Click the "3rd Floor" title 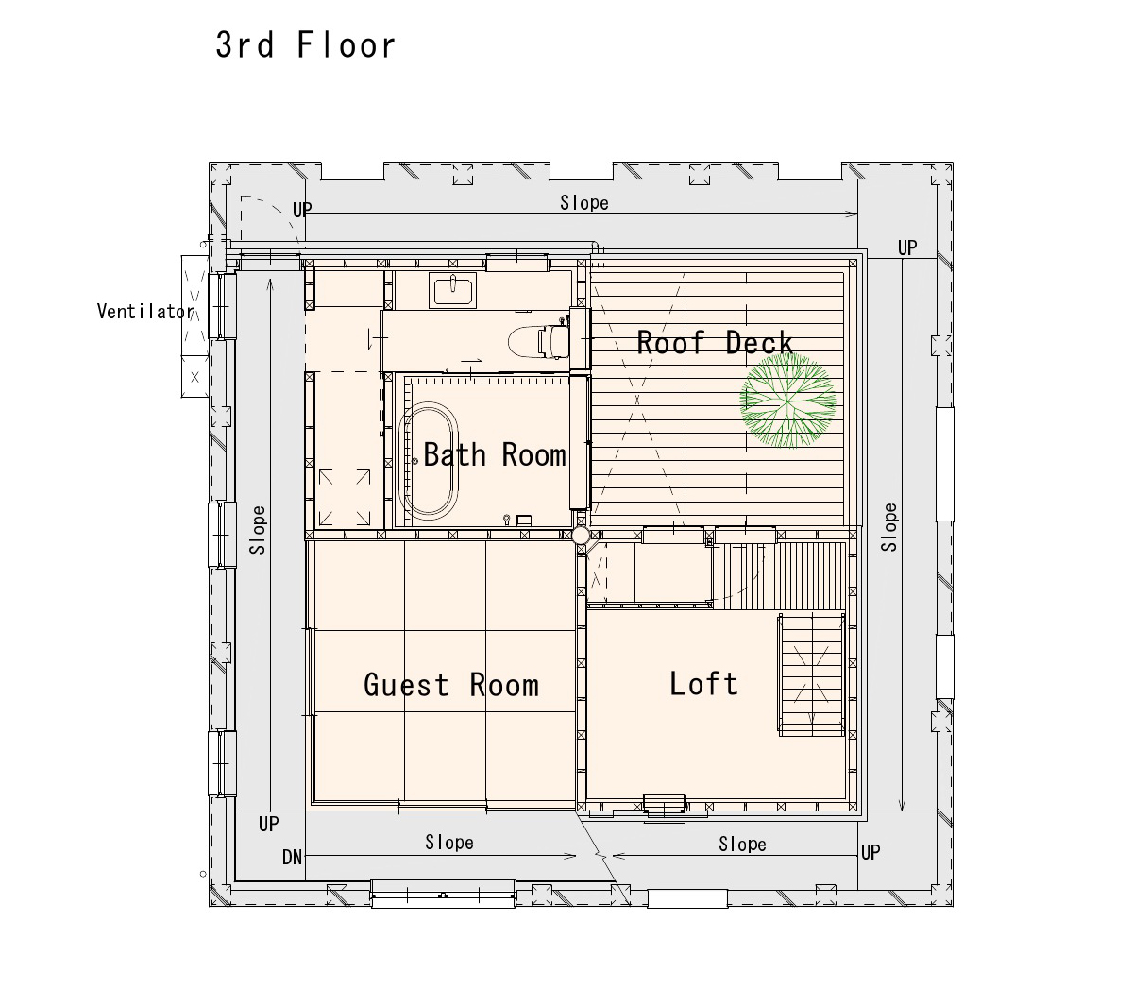pos(305,45)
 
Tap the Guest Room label pos(450,685)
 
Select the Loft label pos(703,683)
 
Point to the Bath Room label pos(495,454)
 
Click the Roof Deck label pos(715,342)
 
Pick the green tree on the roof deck pos(787,401)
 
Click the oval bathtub pos(428,461)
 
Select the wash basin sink pos(452,290)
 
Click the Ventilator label pos(145,311)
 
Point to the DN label pos(292,857)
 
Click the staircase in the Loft pos(811,674)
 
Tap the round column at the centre pos(581,536)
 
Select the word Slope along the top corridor pos(583,202)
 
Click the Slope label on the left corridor pos(257,530)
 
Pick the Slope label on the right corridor pos(888,527)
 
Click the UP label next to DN pos(268,824)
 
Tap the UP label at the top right pos(907,247)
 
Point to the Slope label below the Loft pos(742,844)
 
